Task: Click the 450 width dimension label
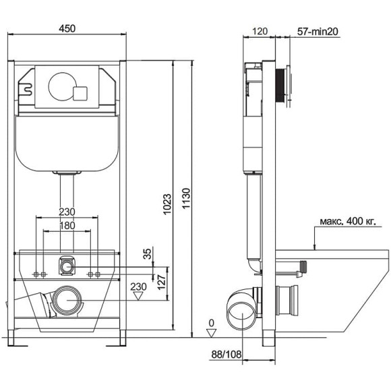tap(67, 28)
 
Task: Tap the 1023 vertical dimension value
tap(167, 204)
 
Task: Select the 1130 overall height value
tap(186, 198)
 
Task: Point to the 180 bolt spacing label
tap(67, 226)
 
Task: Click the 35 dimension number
tap(148, 253)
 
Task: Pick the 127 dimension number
tap(161, 282)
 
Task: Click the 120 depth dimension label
tap(260, 32)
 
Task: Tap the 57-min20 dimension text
tap(318, 32)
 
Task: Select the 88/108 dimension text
tap(227, 355)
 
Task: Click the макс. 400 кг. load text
tap(348, 221)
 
